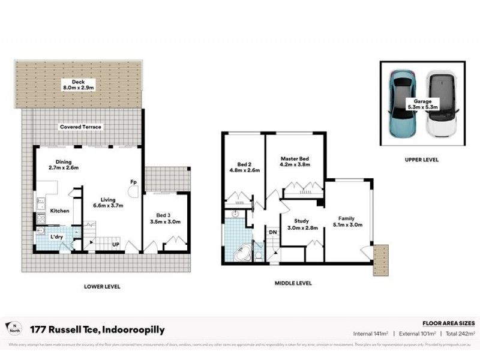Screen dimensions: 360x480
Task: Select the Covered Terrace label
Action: (x=80, y=127)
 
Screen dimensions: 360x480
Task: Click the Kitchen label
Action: (x=59, y=211)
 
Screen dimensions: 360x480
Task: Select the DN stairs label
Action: (x=272, y=232)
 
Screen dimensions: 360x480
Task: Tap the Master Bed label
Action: (x=295, y=163)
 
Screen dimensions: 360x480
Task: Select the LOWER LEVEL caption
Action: (x=102, y=287)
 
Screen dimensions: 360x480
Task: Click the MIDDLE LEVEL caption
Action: (x=293, y=283)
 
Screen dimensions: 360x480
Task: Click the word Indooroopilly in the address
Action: (x=134, y=330)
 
